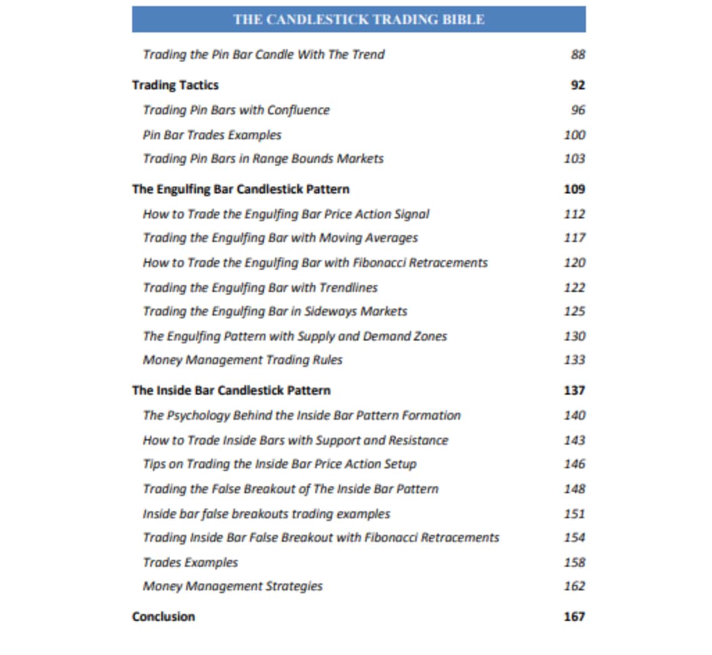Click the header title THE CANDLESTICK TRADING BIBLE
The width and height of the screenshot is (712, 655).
click(x=358, y=19)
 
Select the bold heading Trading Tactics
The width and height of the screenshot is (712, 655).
click(x=176, y=85)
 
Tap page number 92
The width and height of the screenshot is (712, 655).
click(x=578, y=85)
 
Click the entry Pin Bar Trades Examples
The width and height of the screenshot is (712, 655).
click(x=212, y=135)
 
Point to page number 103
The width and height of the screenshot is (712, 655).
click(x=574, y=159)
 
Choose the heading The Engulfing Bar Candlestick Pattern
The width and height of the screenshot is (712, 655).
click(x=240, y=189)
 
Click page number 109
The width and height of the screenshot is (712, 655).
click(x=574, y=189)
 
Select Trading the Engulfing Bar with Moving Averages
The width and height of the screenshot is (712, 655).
click(x=280, y=238)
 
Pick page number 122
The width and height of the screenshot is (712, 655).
click(x=574, y=287)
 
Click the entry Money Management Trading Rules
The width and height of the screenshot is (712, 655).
click(x=242, y=360)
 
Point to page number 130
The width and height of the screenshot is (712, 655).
click(x=574, y=336)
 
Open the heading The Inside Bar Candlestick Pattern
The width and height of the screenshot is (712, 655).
click(x=231, y=390)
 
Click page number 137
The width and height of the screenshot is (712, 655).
click(x=574, y=390)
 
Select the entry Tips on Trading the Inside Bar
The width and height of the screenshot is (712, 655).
click(x=279, y=464)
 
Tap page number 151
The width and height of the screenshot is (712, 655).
click(x=574, y=513)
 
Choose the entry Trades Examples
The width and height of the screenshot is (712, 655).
click(x=190, y=563)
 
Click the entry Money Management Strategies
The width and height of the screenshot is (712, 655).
click(x=232, y=586)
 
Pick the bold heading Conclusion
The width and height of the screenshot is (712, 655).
click(x=164, y=617)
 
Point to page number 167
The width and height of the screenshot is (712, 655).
click(x=574, y=617)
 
